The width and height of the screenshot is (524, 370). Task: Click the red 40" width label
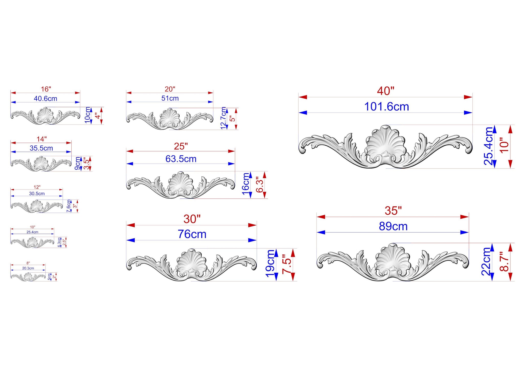[x=386, y=91]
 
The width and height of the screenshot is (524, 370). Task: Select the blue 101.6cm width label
[x=387, y=107]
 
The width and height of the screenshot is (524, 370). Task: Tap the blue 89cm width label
[x=393, y=226]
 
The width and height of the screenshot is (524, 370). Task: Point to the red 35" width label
[x=393, y=211]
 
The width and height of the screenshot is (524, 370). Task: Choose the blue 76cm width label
[x=192, y=234]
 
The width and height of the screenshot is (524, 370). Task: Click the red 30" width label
[x=192, y=219]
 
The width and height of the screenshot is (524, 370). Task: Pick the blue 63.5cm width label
[x=181, y=159]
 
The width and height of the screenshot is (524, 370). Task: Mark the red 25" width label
[x=181, y=146]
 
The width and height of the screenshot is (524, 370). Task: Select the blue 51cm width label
[x=170, y=98]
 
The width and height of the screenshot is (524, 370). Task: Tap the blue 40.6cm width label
[x=46, y=99]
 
